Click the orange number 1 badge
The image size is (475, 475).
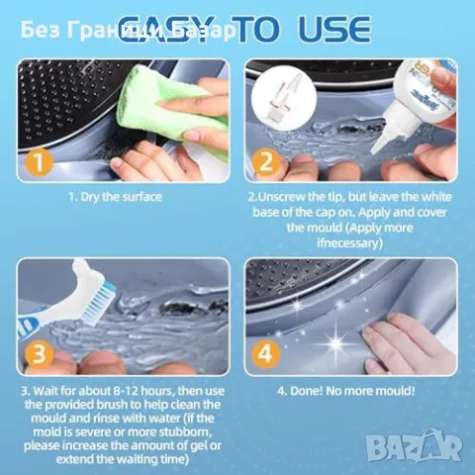(39, 162)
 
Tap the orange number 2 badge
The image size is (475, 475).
(266, 161)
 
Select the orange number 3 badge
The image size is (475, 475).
(39, 354)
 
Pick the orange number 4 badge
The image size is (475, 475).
(266, 354)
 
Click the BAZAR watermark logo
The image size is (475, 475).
(415, 446)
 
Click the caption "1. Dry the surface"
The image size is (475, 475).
(115, 197)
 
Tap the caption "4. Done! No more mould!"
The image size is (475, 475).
(345, 391)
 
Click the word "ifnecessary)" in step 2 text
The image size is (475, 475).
(349, 243)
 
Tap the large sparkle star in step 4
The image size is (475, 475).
(336, 343)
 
